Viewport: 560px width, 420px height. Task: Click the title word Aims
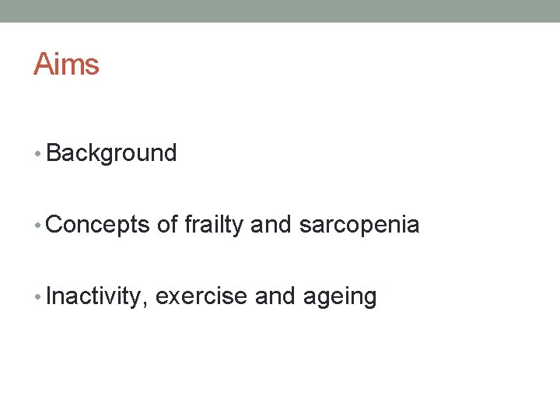tap(66, 64)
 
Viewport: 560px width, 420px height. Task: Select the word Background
tap(111, 153)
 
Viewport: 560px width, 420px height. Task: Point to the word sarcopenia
tap(359, 226)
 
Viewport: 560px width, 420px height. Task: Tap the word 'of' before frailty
tap(167, 226)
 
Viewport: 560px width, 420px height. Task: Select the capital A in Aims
tap(43, 64)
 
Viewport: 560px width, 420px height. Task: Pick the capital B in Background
tap(54, 153)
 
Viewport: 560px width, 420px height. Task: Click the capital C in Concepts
tap(54, 226)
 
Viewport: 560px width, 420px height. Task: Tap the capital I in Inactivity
tap(49, 297)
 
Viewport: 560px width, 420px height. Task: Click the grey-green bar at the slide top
tap(280, 11)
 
